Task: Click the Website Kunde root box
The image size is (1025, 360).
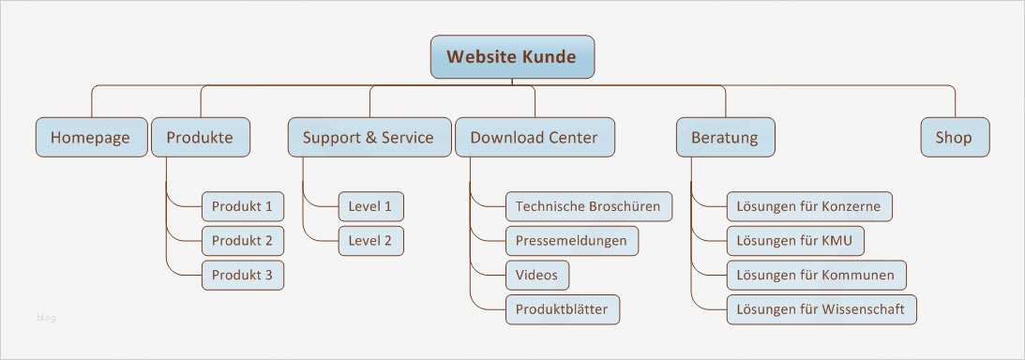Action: coord(512,57)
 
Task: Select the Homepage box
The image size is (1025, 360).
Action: coord(90,138)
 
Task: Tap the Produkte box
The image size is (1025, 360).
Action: coord(200,138)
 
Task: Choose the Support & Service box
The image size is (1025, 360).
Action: coord(368,138)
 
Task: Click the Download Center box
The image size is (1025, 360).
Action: coord(534,138)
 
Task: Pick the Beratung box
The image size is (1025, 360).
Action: coord(725,138)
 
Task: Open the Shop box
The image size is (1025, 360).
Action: coord(954,138)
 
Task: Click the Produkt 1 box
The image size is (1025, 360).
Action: coord(242,206)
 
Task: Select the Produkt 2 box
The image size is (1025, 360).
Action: coord(242,241)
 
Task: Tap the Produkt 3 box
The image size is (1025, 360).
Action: coord(242,275)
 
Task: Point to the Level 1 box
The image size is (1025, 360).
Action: coord(370,206)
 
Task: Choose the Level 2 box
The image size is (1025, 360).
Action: coord(370,241)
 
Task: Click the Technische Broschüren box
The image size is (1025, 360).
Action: coord(588,206)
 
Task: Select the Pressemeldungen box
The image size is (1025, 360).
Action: coord(571,241)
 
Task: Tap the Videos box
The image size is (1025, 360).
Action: coord(537,275)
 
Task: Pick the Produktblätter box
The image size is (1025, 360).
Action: coord(562,309)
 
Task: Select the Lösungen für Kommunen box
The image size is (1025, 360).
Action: coord(817,275)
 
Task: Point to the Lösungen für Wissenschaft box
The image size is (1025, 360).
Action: coord(822,309)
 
